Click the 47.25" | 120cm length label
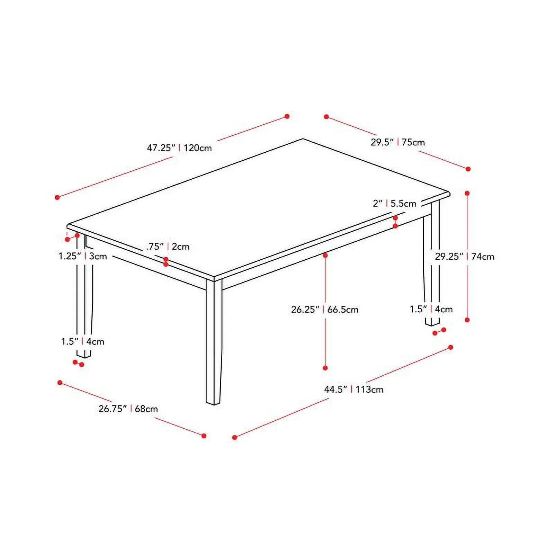pyautogui.click(x=179, y=148)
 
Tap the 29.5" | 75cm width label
pyautogui.click(x=397, y=142)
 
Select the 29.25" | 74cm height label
pyautogui.click(x=465, y=257)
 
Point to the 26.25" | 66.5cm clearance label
pyautogui.click(x=324, y=309)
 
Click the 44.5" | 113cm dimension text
pyautogui.click(x=354, y=390)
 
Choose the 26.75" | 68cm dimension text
pyautogui.click(x=128, y=409)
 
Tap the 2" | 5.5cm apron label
pyautogui.click(x=394, y=204)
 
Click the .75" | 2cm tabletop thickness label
pyautogui.click(x=168, y=247)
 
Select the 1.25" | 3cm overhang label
pyautogui.click(x=82, y=257)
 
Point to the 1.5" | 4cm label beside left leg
pyautogui.click(x=82, y=342)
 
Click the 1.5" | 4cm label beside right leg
pyautogui.click(x=431, y=309)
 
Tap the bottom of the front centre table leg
pyautogui.click(x=213, y=403)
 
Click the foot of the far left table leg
pyautogui.click(x=83, y=356)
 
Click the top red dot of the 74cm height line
pyautogui.click(x=467, y=193)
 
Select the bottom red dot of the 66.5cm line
pyautogui.click(x=325, y=368)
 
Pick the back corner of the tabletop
pyautogui.click(x=303, y=139)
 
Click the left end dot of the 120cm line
pyautogui.click(x=57, y=197)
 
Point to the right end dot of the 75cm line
pyautogui.click(x=468, y=169)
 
